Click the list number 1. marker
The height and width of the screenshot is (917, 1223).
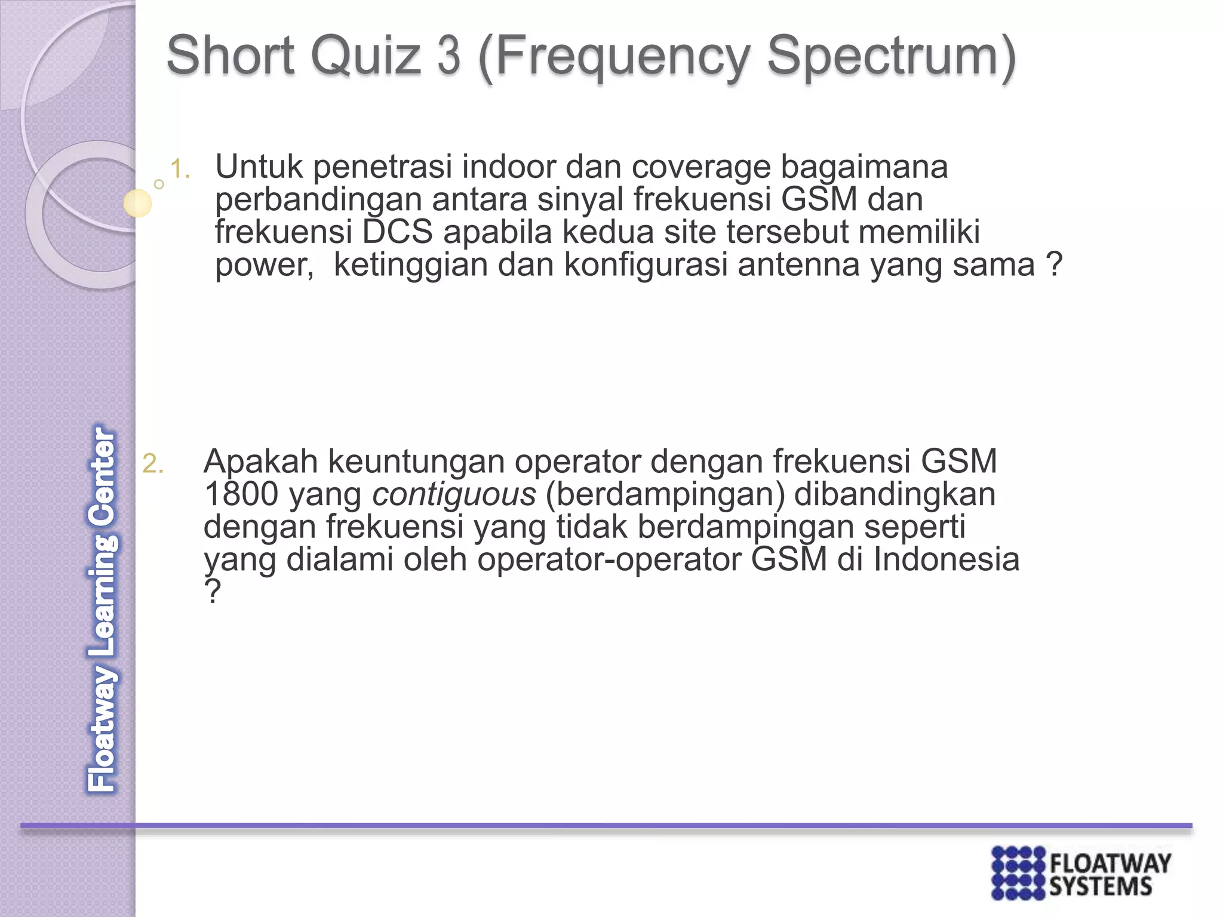(180, 170)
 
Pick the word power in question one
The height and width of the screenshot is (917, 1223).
(263, 266)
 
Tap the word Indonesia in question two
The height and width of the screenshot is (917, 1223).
(946, 559)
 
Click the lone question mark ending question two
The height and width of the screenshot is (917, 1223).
(212, 592)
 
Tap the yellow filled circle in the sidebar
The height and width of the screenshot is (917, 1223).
(137, 203)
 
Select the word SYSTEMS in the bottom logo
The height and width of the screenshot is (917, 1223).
(1100, 887)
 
